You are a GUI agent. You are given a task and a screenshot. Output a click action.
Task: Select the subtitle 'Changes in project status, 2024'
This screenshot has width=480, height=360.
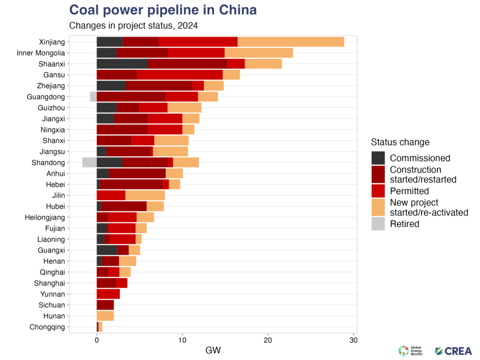click(x=136, y=25)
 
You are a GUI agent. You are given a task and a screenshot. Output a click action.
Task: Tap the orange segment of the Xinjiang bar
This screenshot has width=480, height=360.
click(x=291, y=41)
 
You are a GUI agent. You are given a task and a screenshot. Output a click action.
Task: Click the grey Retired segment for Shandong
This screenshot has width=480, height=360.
click(x=89, y=162)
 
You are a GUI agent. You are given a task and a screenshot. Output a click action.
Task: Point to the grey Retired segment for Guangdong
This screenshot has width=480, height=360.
click(x=93, y=97)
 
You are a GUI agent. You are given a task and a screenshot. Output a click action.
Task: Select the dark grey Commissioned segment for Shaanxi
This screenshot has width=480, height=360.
click(x=122, y=63)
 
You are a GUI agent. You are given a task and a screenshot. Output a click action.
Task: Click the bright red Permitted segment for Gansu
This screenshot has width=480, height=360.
click(x=180, y=75)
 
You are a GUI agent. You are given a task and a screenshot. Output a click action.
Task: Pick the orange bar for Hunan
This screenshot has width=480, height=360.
click(x=105, y=316)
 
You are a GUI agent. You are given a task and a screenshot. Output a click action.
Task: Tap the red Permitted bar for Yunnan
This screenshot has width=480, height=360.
click(x=108, y=294)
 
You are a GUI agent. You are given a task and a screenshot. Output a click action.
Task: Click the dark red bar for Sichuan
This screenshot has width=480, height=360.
click(x=105, y=305)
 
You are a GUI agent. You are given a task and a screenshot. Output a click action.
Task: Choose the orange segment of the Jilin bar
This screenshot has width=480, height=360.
click(x=145, y=195)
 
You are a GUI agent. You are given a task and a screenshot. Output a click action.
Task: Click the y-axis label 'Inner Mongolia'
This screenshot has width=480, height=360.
click(x=41, y=52)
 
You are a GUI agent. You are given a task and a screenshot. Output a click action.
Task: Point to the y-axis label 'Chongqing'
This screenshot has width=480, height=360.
click(x=46, y=327)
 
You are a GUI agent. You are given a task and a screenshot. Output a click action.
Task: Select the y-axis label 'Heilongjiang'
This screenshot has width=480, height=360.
click(x=45, y=217)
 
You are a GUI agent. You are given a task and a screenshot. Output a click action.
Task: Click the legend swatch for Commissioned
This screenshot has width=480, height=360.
click(x=378, y=157)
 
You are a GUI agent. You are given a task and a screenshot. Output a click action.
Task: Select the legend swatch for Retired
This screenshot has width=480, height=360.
click(x=378, y=224)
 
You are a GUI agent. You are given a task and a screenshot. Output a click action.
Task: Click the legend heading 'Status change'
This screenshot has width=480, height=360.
click(x=400, y=142)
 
